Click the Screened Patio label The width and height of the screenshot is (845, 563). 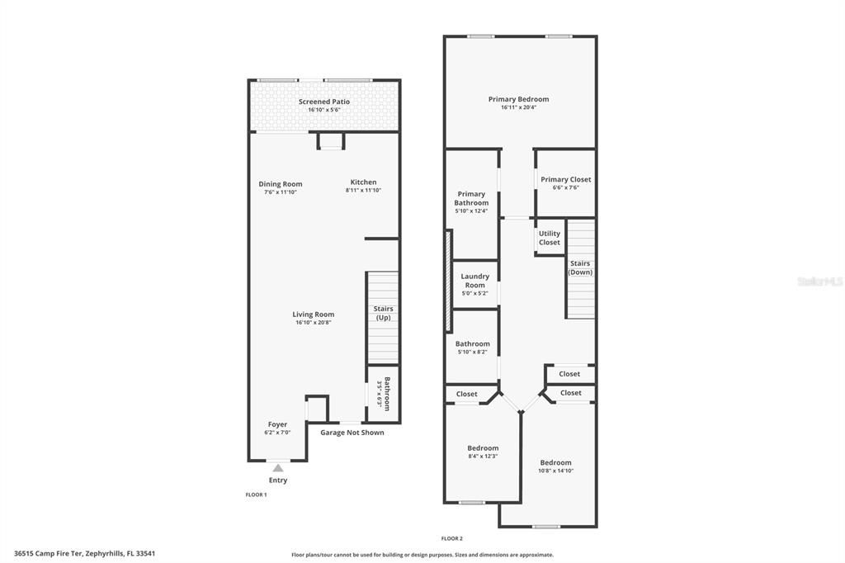pyautogui.click(x=323, y=102)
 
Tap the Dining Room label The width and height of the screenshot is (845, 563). pyautogui.click(x=280, y=184)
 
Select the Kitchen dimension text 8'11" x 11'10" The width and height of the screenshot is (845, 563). pyautogui.click(x=363, y=191)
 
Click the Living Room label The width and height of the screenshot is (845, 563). pyautogui.click(x=313, y=314)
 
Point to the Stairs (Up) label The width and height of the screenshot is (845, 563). pyautogui.click(x=384, y=313)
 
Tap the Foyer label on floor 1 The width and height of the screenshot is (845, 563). pyautogui.click(x=277, y=424)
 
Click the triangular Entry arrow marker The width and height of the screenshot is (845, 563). pyautogui.click(x=278, y=468)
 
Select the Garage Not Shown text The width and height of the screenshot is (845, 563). pyautogui.click(x=352, y=432)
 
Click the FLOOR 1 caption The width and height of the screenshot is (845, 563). pyautogui.click(x=256, y=494)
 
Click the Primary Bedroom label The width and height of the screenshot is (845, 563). pyautogui.click(x=518, y=99)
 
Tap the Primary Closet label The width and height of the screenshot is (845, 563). pyautogui.click(x=565, y=179)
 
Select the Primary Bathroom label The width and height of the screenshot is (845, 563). pyautogui.click(x=471, y=198)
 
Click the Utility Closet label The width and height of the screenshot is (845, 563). pyautogui.click(x=549, y=238)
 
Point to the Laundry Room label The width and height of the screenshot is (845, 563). pyautogui.click(x=474, y=281)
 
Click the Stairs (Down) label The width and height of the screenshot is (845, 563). pyautogui.click(x=580, y=267)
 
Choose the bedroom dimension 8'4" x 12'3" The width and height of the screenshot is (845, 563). pyautogui.click(x=483, y=457)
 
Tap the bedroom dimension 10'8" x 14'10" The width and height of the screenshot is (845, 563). pyautogui.click(x=555, y=471)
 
